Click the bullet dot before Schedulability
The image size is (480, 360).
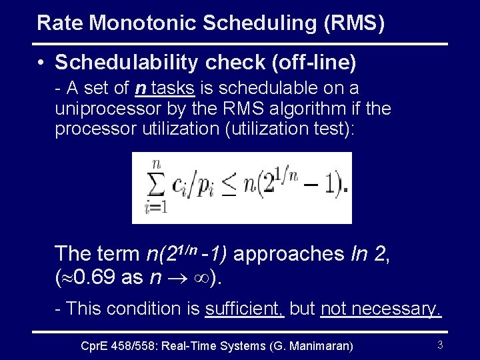(41, 63)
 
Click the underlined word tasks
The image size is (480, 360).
(173, 88)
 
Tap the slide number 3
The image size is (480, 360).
(439, 345)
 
